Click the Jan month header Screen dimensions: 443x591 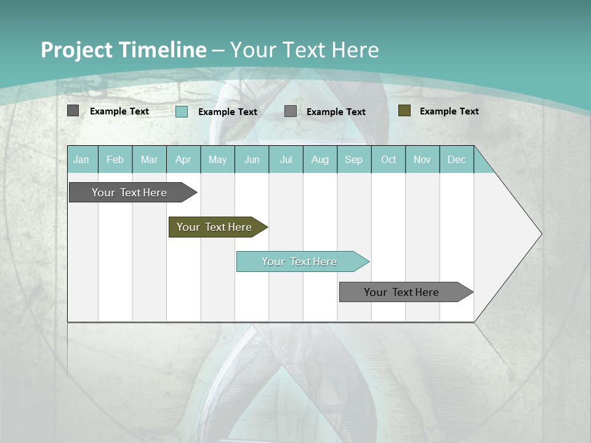point(82,159)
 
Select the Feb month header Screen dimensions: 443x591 point(115,159)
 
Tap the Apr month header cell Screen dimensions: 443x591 point(183,159)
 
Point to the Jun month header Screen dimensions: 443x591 point(252,159)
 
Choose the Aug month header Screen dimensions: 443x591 point(320,159)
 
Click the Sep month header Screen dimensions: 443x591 point(354,159)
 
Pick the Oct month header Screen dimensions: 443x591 point(388,159)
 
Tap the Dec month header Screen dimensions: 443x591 point(457,159)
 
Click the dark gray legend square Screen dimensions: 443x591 point(73,111)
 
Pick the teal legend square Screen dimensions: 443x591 point(182,111)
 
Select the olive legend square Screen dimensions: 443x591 point(404,111)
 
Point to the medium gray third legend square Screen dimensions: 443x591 point(291,111)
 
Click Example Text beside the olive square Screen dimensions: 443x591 point(449,111)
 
